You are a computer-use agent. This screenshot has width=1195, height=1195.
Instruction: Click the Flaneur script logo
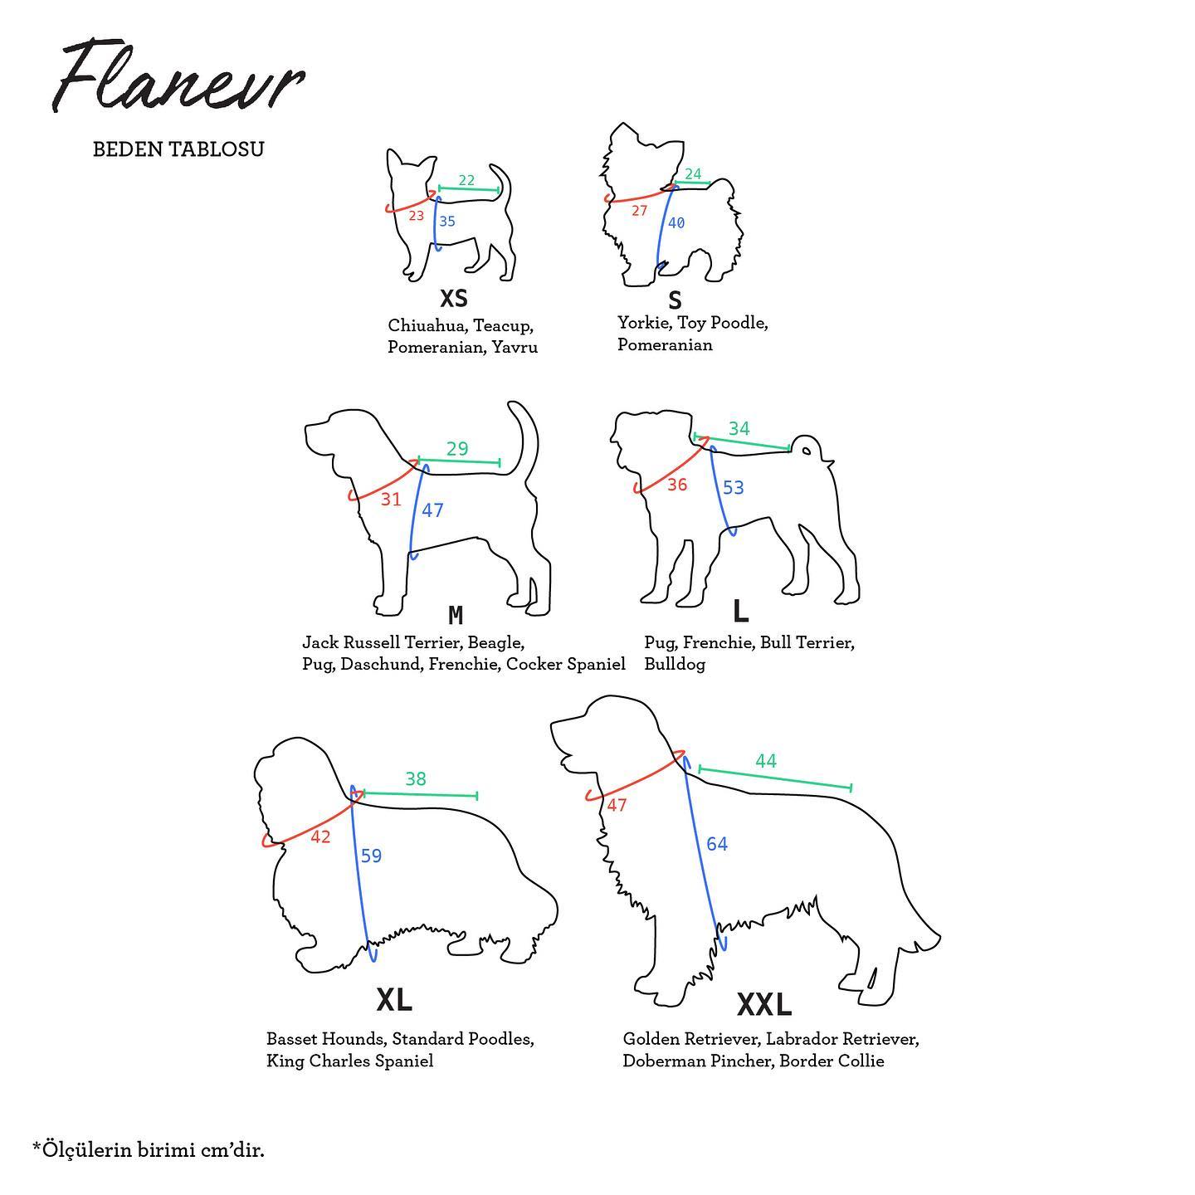coord(178,76)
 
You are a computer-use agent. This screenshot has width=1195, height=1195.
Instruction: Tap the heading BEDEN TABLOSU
coord(178,149)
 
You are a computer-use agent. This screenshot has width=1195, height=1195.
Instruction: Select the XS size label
coord(453,298)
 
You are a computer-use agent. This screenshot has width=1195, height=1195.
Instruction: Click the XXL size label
coord(764,1005)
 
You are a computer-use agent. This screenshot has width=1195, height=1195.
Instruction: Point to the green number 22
coord(466,180)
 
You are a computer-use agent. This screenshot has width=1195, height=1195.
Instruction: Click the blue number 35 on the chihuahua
coord(447,222)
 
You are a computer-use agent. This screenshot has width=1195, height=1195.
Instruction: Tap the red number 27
coord(639,211)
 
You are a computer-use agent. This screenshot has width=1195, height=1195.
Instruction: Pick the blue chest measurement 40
coord(676,222)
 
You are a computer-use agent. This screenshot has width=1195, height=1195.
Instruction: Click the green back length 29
coord(457,448)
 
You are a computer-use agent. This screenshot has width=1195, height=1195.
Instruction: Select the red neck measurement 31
coord(391,500)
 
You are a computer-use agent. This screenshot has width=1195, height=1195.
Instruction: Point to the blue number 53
coord(733,487)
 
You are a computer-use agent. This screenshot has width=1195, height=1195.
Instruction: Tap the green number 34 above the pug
coord(739,428)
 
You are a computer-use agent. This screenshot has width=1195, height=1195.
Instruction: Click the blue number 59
coord(372,856)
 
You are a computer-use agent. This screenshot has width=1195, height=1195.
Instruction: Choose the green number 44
coord(766,761)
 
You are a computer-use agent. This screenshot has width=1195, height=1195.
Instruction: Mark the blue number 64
coord(717,844)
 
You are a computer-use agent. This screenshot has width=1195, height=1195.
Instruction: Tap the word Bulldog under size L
coord(675,664)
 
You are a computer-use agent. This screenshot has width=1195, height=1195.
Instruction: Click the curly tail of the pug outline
coord(806,446)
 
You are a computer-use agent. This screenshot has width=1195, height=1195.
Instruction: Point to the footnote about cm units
coord(149,1150)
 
